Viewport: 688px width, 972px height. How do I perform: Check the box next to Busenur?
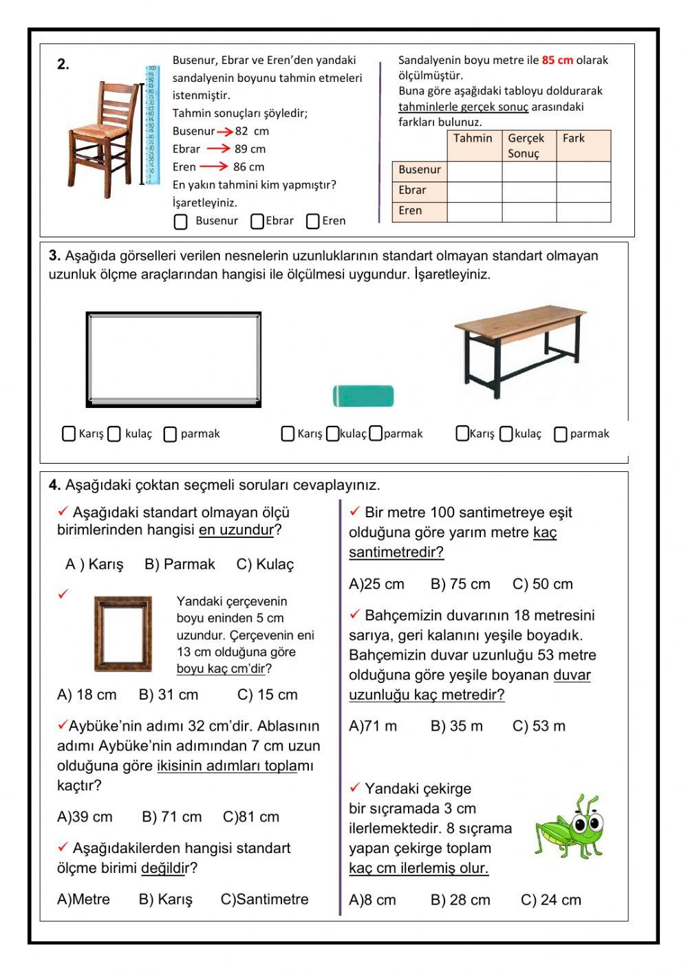click(x=181, y=222)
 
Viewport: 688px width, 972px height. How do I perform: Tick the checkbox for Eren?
click(x=313, y=222)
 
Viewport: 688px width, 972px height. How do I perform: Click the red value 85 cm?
click(x=557, y=61)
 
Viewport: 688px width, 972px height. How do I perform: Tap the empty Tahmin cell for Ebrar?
click(x=474, y=191)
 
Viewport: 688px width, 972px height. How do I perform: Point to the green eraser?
click(x=363, y=396)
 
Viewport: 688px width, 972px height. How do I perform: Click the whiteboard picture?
click(x=173, y=359)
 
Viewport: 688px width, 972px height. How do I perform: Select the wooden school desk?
click(x=521, y=350)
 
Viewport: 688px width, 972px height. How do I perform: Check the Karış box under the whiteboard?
click(x=69, y=433)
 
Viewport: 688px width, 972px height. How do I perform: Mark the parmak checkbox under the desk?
click(x=561, y=434)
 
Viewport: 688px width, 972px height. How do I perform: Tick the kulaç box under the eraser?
click(x=333, y=433)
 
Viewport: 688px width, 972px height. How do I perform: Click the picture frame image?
click(x=123, y=634)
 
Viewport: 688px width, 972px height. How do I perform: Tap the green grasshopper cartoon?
click(x=570, y=827)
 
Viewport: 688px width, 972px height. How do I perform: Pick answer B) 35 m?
click(x=456, y=726)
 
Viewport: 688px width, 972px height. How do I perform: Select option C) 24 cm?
click(x=550, y=900)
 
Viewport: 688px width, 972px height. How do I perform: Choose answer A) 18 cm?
click(x=87, y=695)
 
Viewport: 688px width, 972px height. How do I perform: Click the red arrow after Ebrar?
click(x=218, y=149)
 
